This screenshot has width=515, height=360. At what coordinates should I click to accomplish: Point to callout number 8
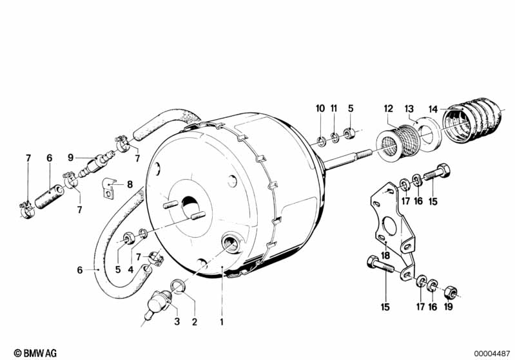[130, 184]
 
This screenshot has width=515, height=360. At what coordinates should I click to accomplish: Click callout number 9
[71, 156]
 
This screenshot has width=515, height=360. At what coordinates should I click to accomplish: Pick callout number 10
[320, 108]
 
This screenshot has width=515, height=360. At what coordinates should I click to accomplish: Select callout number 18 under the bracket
[385, 256]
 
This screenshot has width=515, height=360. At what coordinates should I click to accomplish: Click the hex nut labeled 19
[452, 294]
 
